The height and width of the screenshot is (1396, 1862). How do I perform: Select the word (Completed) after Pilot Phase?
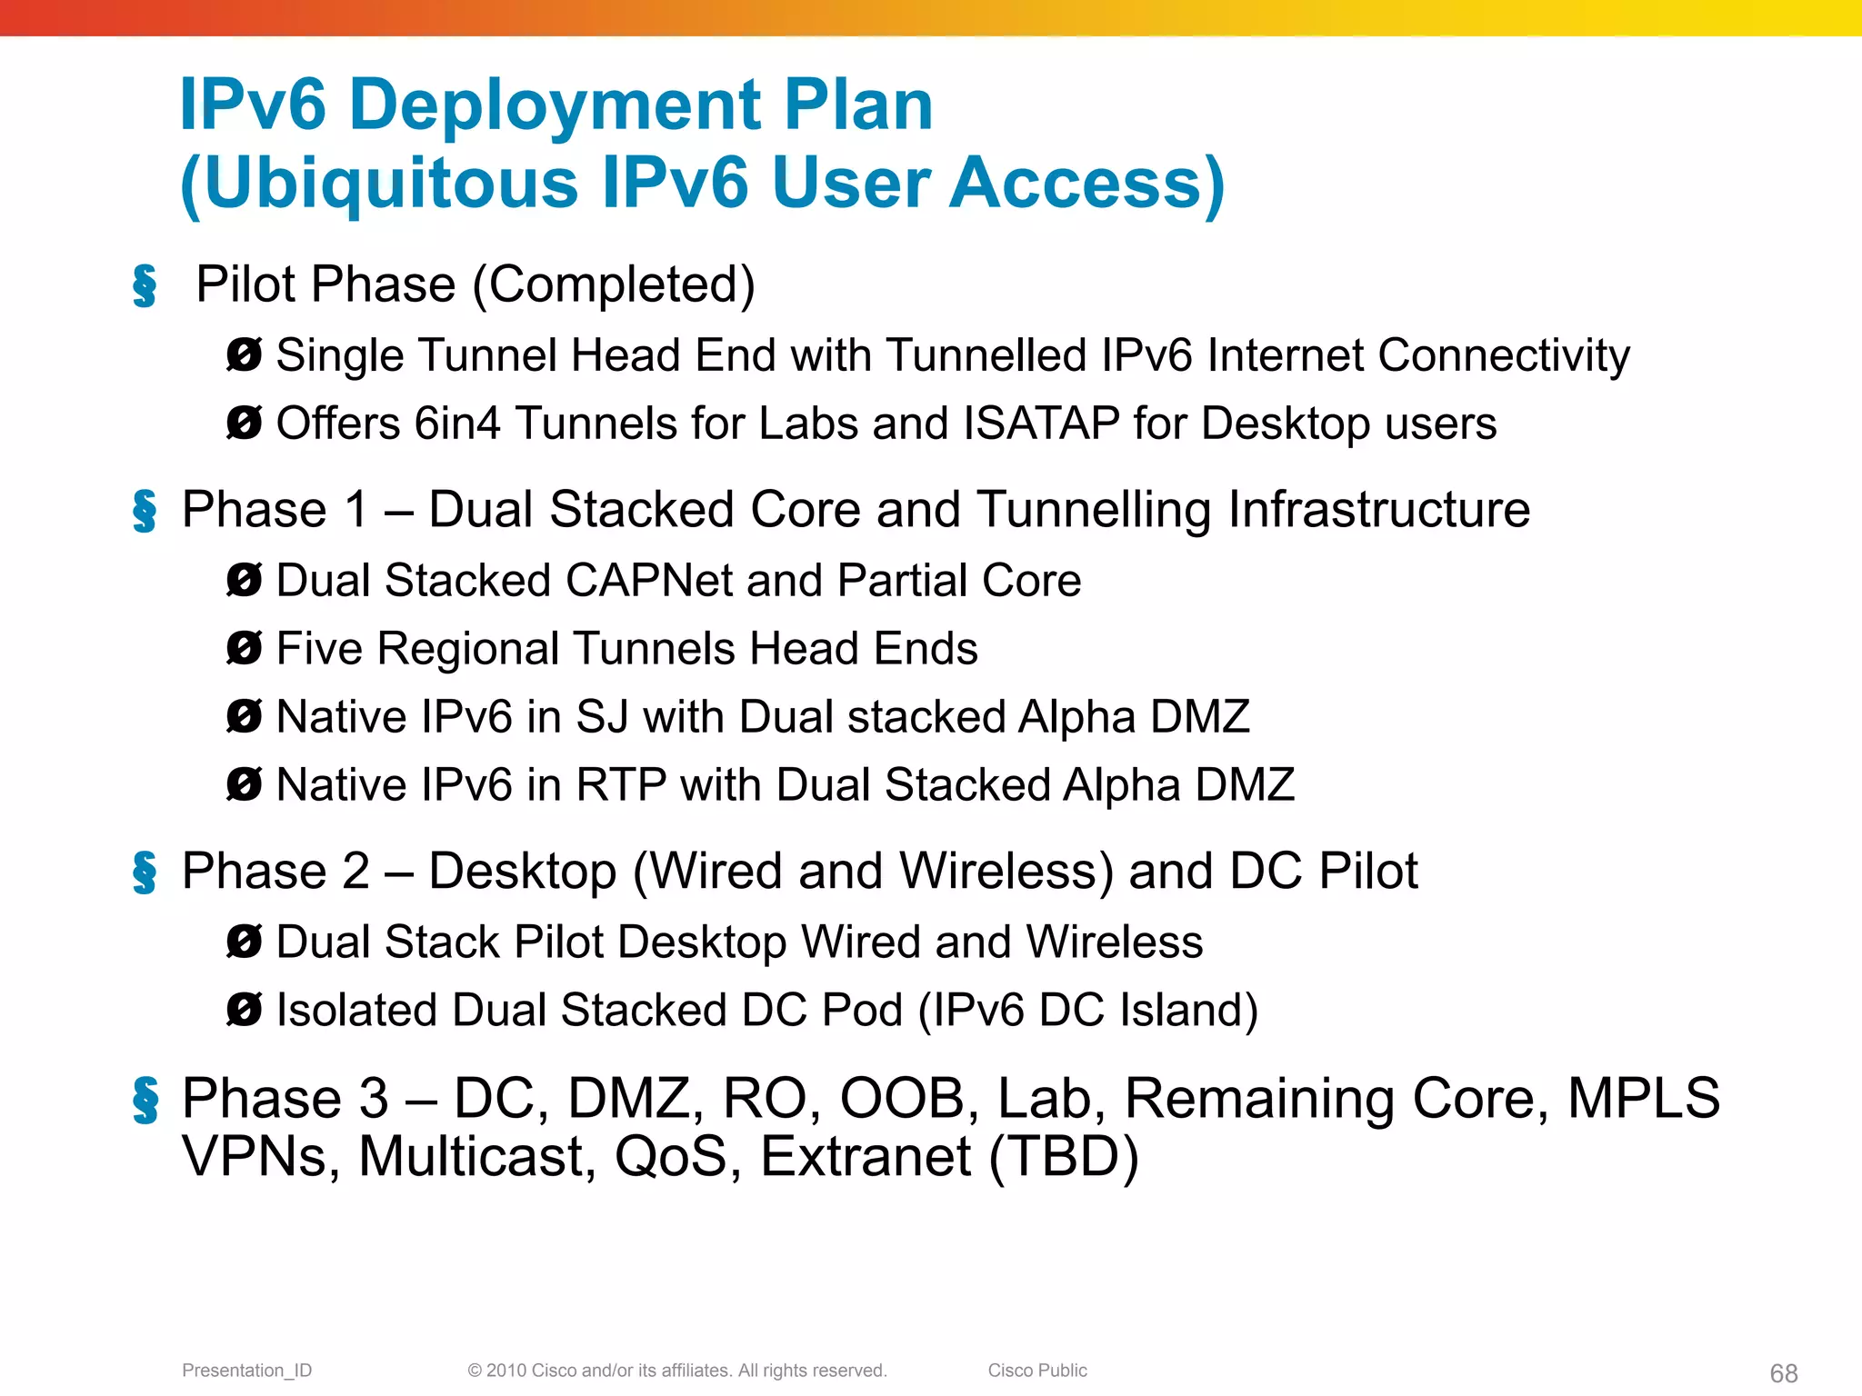[614, 285]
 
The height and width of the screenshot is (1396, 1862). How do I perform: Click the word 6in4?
[457, 424]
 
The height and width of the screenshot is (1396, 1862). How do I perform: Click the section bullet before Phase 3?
[145, 1100]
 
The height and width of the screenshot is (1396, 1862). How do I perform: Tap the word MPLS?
[1643, 1098]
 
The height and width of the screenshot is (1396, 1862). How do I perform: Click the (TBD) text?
[1063, 1157]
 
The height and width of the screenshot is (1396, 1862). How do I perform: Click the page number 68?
[1783, 1373]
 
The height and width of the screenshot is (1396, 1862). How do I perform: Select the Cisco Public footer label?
[1037, 1371]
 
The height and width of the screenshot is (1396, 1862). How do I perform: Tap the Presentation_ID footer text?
[246, 1371]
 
